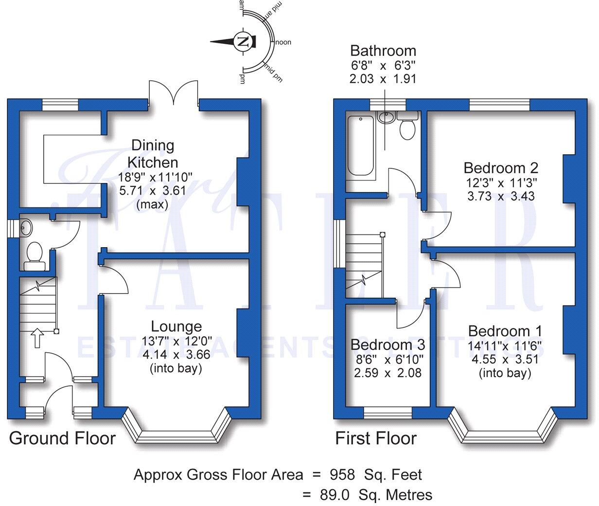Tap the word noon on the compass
283,42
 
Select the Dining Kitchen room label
153,153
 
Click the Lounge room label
176,326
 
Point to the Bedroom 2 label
501,168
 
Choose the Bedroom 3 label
388,345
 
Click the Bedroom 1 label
505,331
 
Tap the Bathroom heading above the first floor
383,51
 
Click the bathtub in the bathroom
360,146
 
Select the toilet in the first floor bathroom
407,128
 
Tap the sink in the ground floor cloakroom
26,228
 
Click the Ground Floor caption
62,438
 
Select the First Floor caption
376,438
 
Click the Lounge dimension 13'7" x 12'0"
176,341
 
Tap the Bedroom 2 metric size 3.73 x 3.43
501,196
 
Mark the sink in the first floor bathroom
386,117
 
